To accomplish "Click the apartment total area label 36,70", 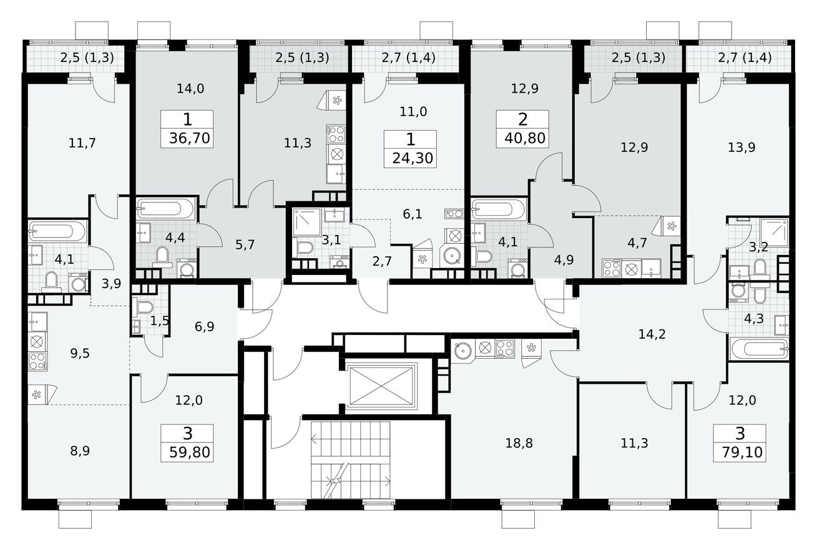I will pos(187,137).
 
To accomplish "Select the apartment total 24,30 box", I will pos(410,157).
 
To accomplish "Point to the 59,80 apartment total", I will pos(187,451).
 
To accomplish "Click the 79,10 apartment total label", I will pos(738,451).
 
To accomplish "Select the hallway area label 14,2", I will pos(652,334).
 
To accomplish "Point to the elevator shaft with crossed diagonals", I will pos(382,386).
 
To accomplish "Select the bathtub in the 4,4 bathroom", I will pos(165,208).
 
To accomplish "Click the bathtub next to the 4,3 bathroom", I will pos(758,349).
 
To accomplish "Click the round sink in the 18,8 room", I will pos(462,349).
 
